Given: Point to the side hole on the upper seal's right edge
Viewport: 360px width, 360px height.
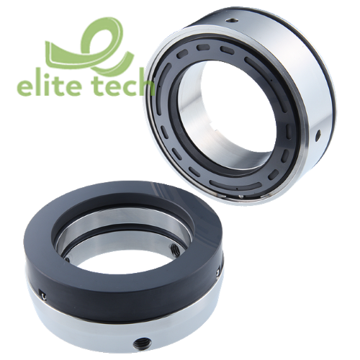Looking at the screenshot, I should [318, 133].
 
